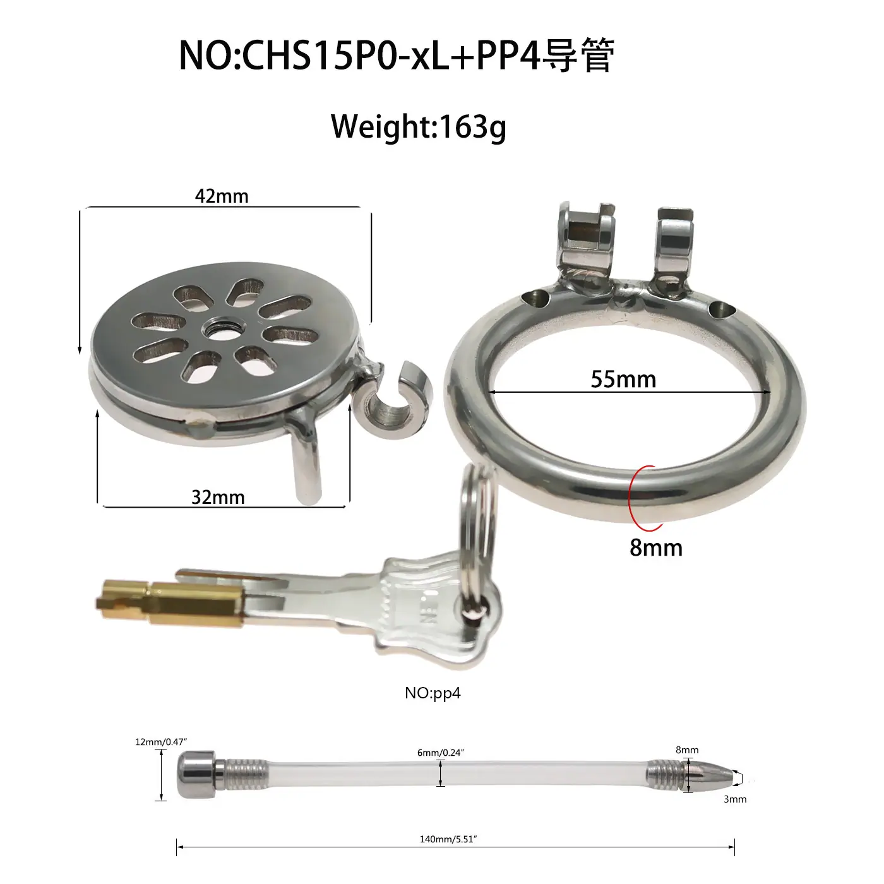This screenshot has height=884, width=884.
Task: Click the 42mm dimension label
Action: (x=222, y=196)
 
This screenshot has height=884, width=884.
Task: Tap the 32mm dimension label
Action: (x=218, y=498)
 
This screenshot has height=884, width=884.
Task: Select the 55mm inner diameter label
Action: (x=623, y=379)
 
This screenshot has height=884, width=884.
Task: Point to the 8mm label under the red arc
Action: (x=656, y=547)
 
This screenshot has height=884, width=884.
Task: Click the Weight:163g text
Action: (x=419, y=126)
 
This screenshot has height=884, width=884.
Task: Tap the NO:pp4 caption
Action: (x=433, y=693)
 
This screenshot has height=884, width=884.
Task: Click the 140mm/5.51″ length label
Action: (x=448, y=839)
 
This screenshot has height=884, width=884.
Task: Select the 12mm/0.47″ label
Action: (x=161, y=742)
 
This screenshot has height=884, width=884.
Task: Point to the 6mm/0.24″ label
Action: (x=440, y=752)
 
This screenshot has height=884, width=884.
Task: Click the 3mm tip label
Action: (x=735, y=799)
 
